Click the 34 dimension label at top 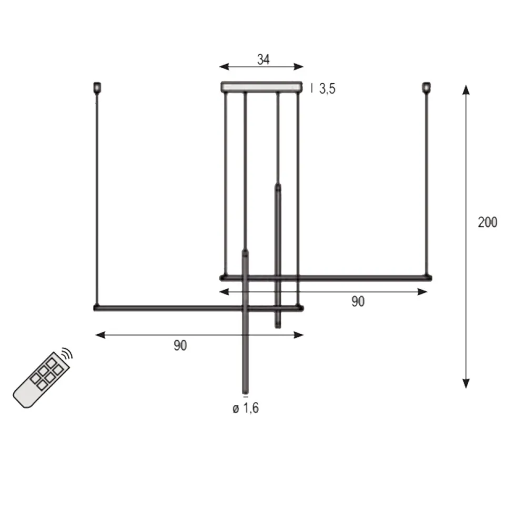pos(263,59)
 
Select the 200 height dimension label pos(487,222)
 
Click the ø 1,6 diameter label pos(246,408)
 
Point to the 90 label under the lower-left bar pos(180,345)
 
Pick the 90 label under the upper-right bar pos(358,301)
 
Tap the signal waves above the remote pos(66,353)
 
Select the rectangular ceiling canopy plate pos(261,86)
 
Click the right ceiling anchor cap pos(426,87)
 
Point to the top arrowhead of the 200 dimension pos(466,89)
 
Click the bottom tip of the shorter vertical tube pos(278,326)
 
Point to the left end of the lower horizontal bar pos(96,308)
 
